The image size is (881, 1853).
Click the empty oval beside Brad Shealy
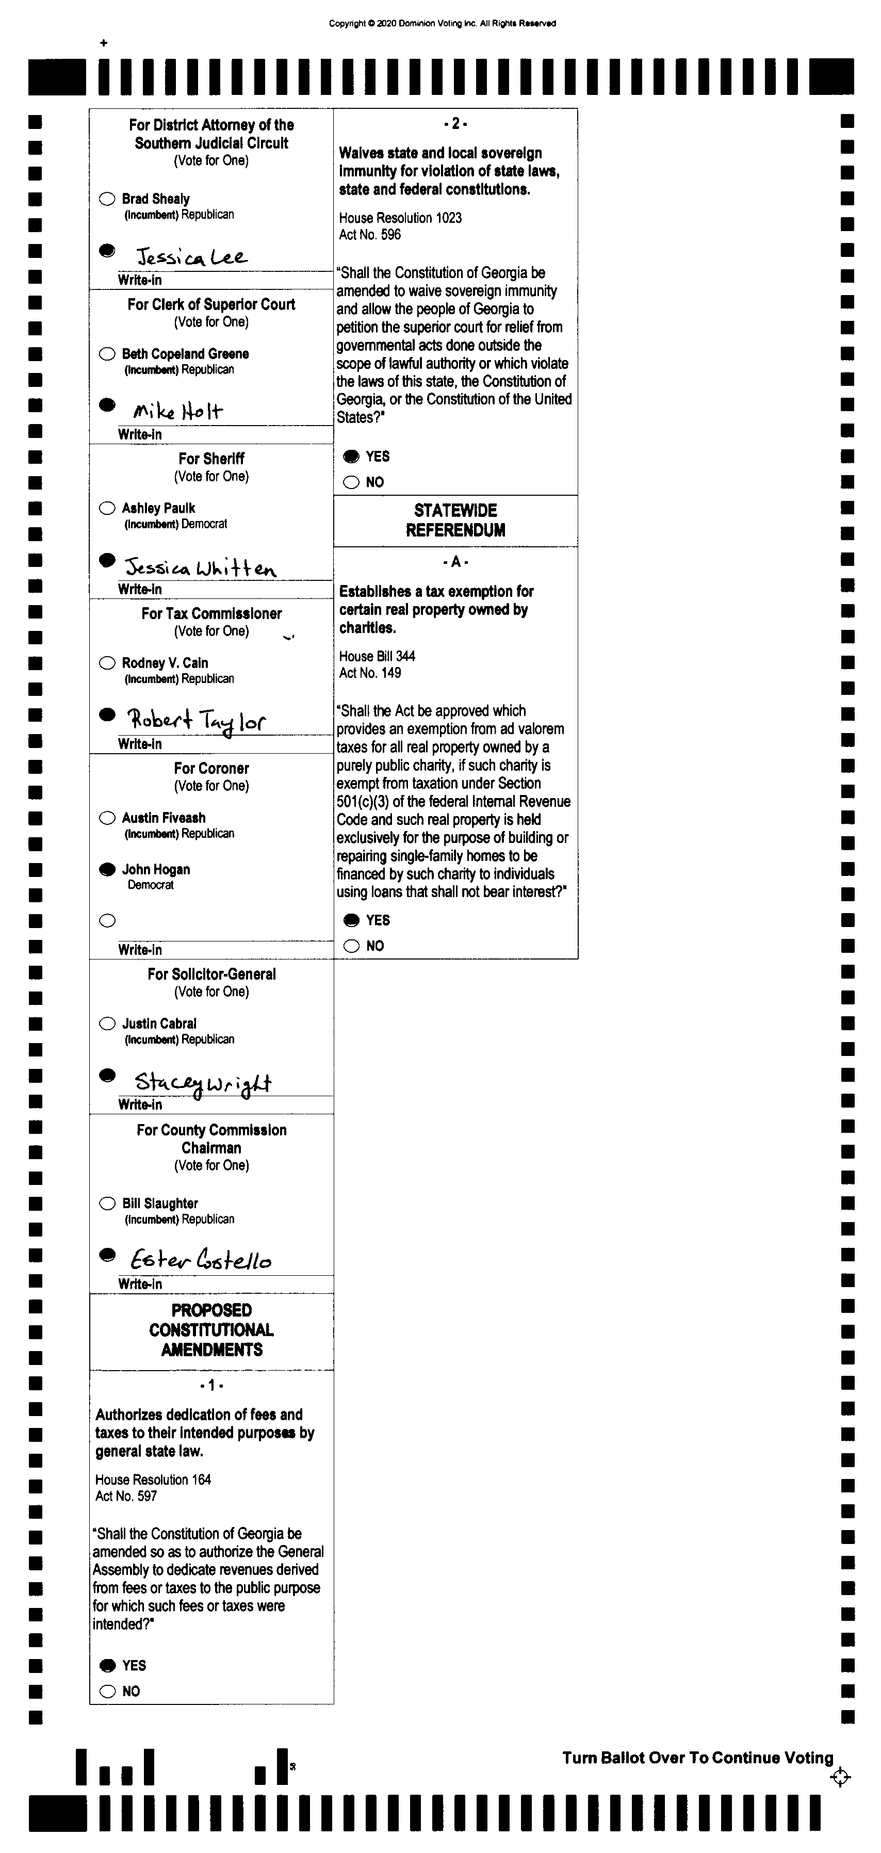[107, 199]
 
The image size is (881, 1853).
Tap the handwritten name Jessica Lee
[191, 257]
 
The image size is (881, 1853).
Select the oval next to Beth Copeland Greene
[107, 354]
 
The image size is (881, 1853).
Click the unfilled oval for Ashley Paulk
[107, 509]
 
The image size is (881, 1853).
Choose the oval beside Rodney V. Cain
[107, 663]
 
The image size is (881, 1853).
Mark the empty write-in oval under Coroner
[107, 921]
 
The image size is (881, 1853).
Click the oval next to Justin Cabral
[107, 1023]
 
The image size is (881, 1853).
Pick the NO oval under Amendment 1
[107, 1691]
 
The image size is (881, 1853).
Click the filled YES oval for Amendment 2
[351, 457]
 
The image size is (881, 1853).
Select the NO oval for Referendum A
[351, 946]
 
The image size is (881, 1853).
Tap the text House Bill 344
[377, 656]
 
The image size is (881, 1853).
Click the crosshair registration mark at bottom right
[840, 1778]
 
